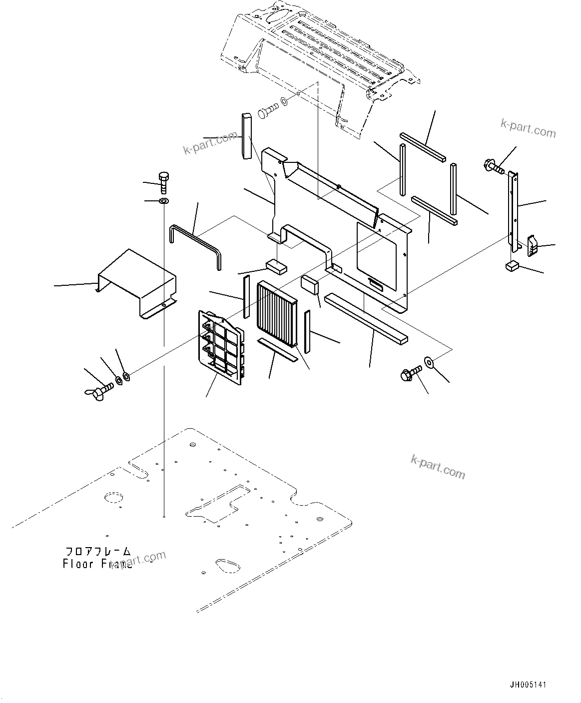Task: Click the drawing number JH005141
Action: tap(528, 685)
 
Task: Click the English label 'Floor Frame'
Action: tap(97, 564)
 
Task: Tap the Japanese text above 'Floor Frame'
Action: tap(98, 552)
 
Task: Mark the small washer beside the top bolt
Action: tap(284, 102)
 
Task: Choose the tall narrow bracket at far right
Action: tap(513, 210)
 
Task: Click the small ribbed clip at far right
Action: tap(533, 244)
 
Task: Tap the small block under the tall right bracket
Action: tap(512, 266)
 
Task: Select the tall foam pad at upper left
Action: tap(246, 136)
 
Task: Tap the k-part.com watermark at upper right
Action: tap(528, 129)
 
